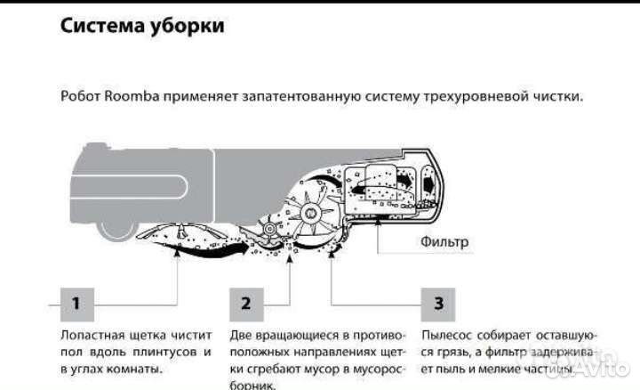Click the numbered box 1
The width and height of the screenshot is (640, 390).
pos(76,304)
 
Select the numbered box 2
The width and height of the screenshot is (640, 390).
pos(245,304)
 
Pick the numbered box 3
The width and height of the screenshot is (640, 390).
pos(438,304)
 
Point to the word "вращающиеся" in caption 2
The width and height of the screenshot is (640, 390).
pos(297,335)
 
